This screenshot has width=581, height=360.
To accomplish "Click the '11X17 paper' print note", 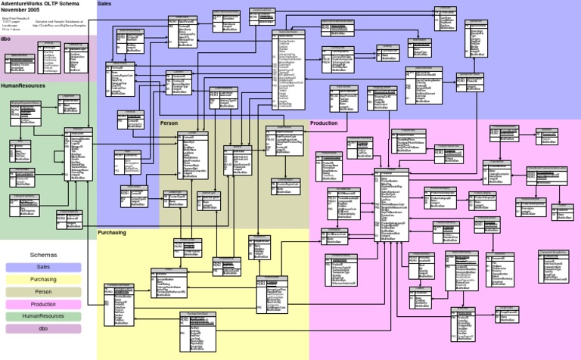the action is (10, 21).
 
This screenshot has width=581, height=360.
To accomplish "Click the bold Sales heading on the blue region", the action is (105, 4).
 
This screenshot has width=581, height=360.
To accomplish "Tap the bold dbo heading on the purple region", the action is (5, 38).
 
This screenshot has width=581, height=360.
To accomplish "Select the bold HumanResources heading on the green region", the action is (23, 86).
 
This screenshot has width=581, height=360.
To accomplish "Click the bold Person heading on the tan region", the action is (169, 123).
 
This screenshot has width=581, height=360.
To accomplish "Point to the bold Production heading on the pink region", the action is (324, 123).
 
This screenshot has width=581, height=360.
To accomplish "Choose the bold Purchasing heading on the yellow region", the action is (112, 232).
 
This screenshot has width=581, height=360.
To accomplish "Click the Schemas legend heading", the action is (43, 256).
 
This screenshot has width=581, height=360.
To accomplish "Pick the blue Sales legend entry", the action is (43, 267).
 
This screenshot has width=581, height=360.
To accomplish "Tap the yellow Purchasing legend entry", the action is (43, 279).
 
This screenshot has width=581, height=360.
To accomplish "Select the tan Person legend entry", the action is (43, 291).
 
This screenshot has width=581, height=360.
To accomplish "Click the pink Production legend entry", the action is (43, 303).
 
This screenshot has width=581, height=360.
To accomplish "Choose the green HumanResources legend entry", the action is (43, 315).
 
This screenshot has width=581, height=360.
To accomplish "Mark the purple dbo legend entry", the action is (43, 328).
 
